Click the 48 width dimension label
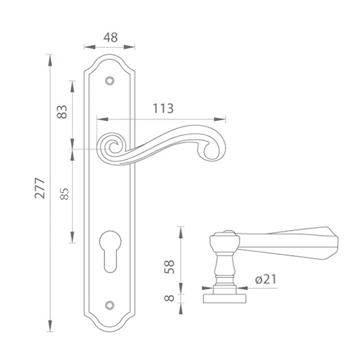110,37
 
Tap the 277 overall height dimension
40,188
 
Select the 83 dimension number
62,112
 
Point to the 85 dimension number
64,194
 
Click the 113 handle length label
163,109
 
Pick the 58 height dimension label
169,267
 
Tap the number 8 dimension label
169,298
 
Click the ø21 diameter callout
266,279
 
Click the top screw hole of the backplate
110,81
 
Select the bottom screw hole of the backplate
110,305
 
